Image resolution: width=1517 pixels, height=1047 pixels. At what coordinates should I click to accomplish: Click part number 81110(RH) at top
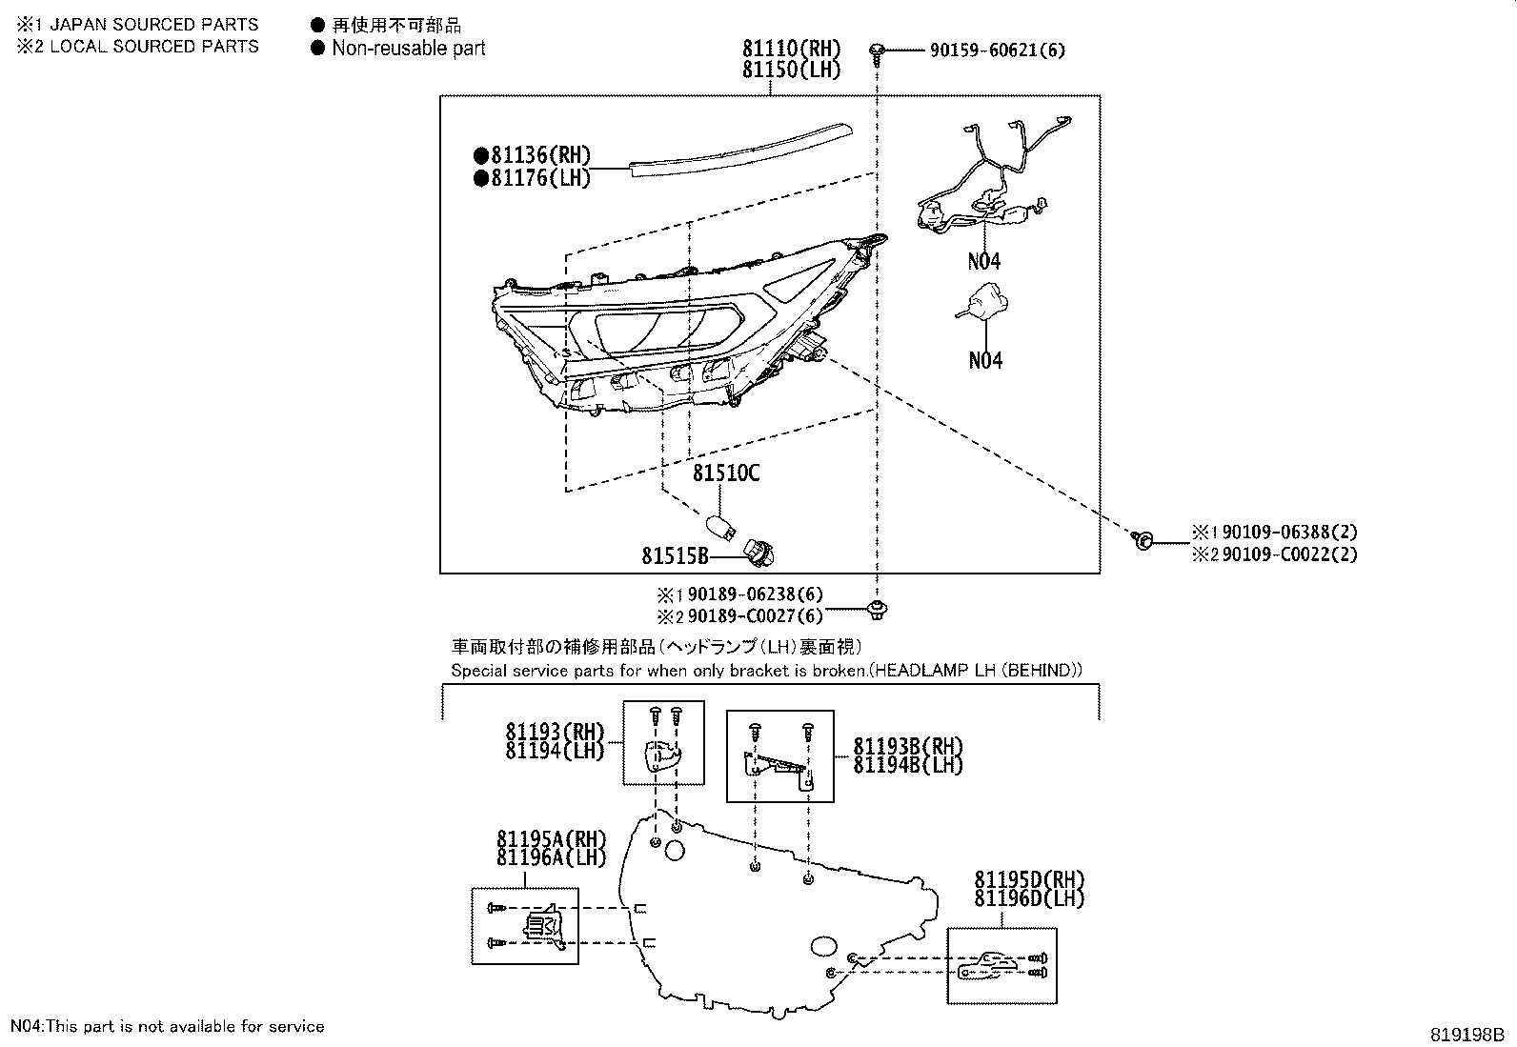[x=792, y=49]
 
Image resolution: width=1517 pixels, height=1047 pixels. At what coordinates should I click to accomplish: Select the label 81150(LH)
[x=792, y=70]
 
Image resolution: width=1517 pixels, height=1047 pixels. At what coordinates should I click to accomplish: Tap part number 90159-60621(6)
[x=997, y=50]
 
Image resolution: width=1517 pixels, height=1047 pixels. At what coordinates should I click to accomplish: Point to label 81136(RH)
[x=533, y=155]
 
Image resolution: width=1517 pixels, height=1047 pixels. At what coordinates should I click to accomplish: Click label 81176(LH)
[x=533, y=177]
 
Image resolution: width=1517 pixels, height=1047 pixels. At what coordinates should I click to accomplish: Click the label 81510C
[x=726, y=473]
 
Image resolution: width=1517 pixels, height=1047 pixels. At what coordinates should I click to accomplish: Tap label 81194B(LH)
[x=908, y=765]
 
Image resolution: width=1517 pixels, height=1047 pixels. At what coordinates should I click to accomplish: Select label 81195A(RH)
[x=551, y=838]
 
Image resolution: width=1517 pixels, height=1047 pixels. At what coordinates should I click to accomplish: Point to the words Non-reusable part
[x=408, y=48]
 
